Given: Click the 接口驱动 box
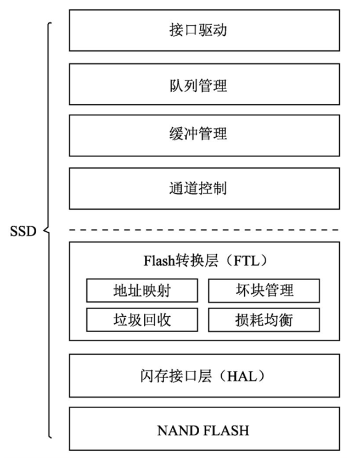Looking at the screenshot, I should point(204,31).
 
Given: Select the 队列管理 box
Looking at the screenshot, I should point(204,84).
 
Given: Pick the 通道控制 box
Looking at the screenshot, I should point(204,188).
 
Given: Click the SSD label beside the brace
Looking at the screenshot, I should point(23,231).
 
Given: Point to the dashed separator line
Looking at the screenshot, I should point(204,229).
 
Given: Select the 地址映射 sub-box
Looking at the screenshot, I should point(142,290).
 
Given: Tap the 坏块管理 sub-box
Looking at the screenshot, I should point(264,290).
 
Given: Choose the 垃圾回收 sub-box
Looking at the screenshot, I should point(142,319).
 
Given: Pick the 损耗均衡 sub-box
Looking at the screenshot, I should point(264,319).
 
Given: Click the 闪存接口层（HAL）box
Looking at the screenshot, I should point(204,376).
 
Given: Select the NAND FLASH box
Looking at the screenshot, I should point(204,429).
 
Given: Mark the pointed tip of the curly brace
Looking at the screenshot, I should point(44,231).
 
